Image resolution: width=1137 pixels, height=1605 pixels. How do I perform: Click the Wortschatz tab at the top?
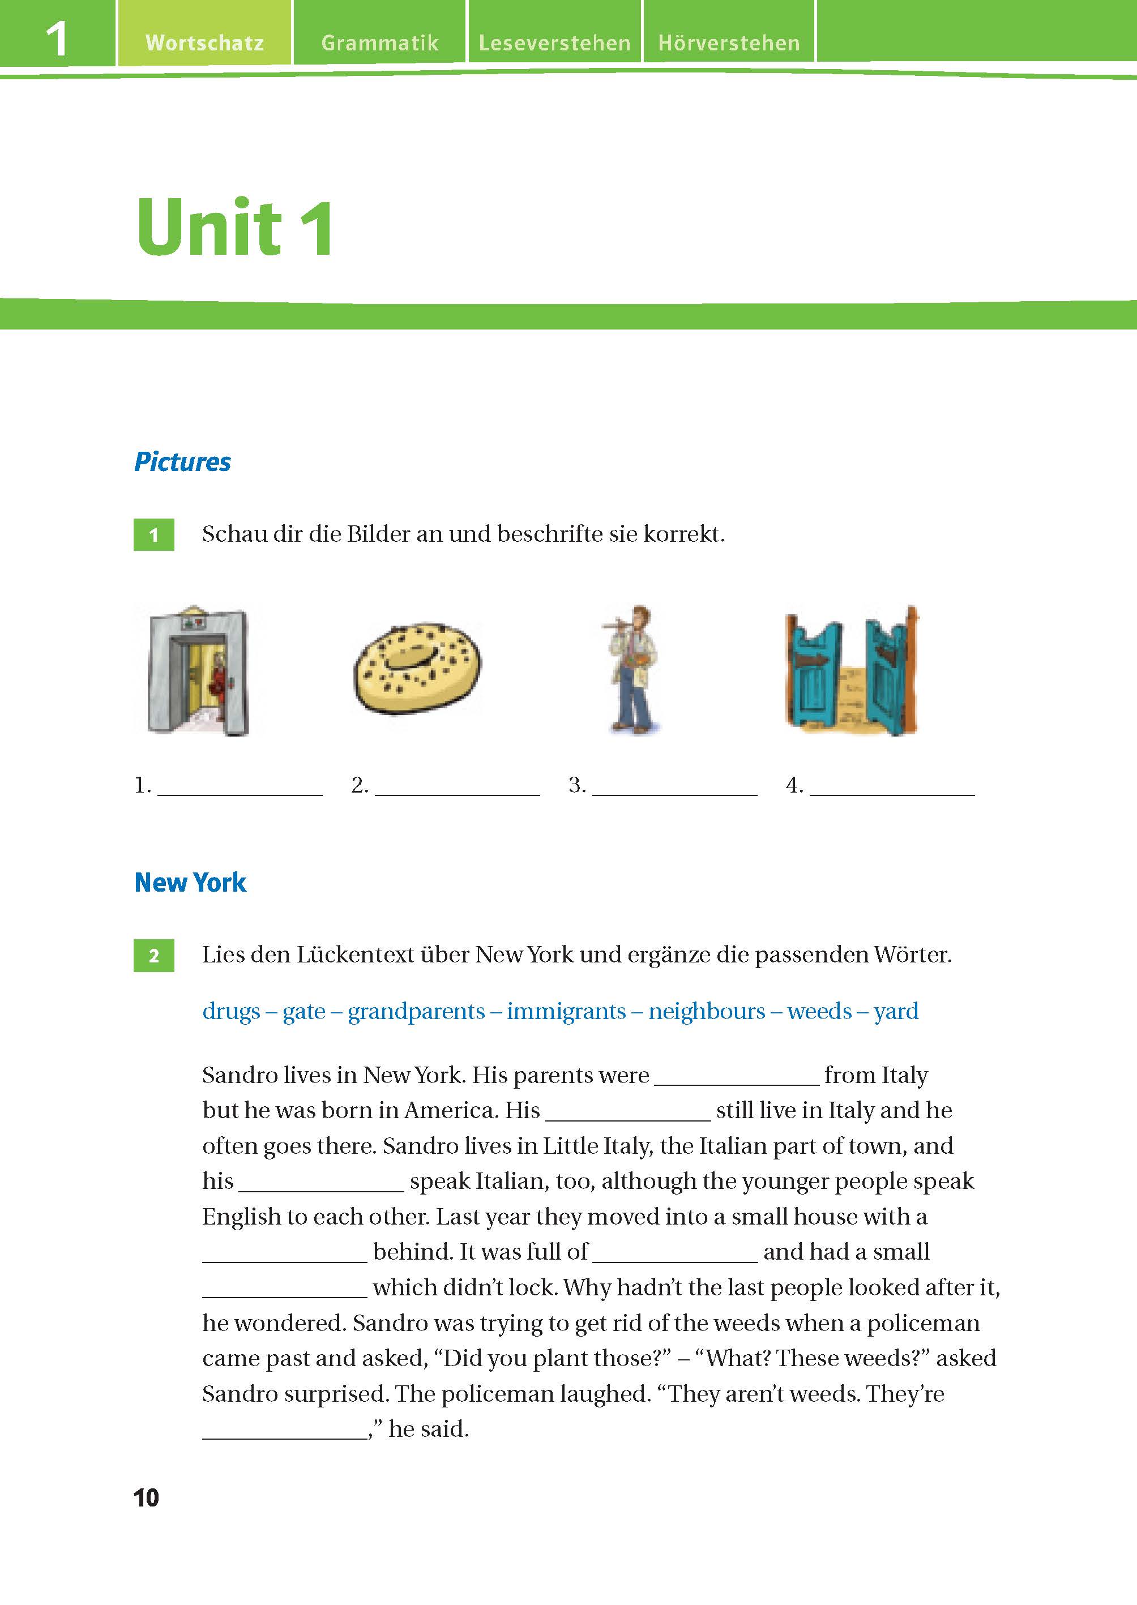[204, 42]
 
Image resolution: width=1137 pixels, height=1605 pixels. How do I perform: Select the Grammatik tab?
[379, 42]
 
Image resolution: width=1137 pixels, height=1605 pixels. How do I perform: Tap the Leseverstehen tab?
[554, 42]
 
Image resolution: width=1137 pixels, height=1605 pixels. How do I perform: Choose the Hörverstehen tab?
[729, 42]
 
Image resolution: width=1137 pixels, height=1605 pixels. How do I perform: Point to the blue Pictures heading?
[182, 462]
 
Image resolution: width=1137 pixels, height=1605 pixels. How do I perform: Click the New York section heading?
[190, 883]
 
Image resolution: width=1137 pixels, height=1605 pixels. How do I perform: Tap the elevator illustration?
[198, 670]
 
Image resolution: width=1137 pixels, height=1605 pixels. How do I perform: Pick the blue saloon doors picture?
[852, 670]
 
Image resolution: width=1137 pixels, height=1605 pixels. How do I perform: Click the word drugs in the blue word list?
[230, 1012]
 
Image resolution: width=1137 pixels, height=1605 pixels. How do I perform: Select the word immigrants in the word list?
[566, 1012]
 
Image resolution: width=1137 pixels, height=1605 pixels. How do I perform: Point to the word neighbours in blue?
[707, 1012]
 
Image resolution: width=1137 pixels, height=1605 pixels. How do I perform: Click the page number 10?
[146, 1498]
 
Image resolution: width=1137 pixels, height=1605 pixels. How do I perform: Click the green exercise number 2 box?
[154, 956]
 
